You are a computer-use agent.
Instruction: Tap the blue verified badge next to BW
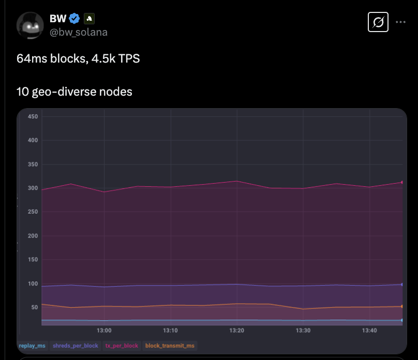coord(74,19)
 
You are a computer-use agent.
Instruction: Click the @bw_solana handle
coord(79,32)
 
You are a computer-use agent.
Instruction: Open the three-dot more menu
coord(400,22)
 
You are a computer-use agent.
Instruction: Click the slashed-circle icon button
coord(378,22)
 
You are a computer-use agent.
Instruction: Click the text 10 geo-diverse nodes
coord(74,92)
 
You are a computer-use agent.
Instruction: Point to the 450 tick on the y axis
coord(33,117)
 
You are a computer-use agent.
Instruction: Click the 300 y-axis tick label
coord(33,188)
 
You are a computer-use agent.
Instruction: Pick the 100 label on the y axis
coord(33,284)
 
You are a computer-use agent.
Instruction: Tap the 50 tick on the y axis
coord(34,308)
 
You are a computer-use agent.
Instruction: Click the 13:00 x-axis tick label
coord(104,330)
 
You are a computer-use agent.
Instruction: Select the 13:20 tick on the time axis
coord(237,330)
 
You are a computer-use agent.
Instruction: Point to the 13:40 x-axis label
coord(369,330)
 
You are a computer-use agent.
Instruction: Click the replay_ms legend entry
coord(32,346)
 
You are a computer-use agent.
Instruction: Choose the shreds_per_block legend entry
coord(76,346)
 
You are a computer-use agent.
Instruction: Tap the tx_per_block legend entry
coord(121,346)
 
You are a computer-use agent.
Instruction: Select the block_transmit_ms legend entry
coord(170,346)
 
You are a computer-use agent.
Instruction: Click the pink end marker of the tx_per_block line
coord(402,182)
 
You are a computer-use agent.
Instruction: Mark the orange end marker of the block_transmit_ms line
coord(402,307)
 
